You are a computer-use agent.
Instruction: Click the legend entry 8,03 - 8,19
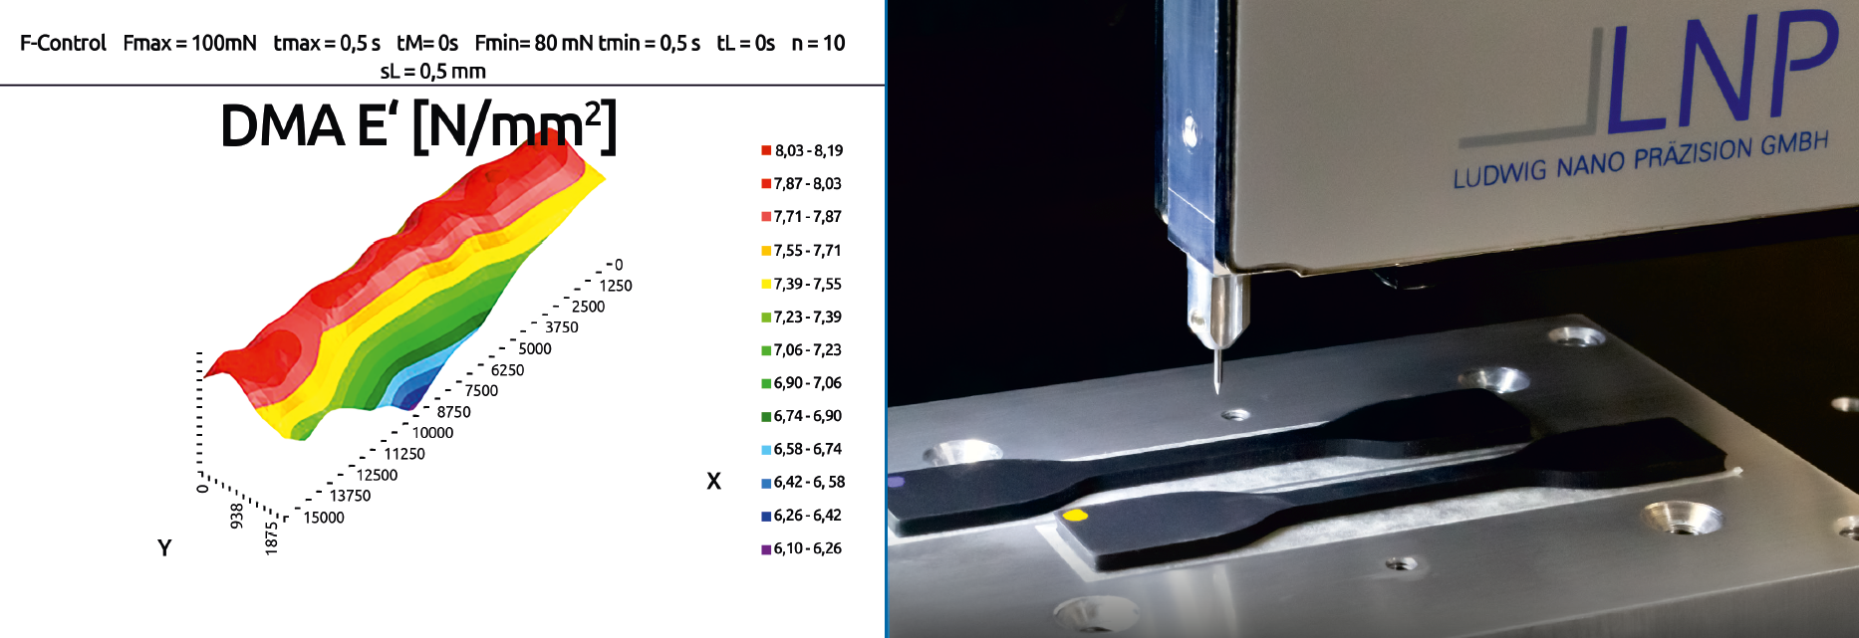click(802, 150)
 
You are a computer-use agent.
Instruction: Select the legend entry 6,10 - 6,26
click(802, 548)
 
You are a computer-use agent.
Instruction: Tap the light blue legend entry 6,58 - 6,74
click(802, 449)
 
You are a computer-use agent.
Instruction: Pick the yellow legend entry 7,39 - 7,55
click(802, 284)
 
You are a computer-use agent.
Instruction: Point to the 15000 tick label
click(324, 518)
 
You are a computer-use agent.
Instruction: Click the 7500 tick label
click(481, 390)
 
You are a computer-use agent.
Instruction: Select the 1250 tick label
click(616, 286)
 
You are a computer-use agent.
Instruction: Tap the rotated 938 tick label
click(237, 516)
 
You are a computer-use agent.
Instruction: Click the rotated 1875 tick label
click(271, 537)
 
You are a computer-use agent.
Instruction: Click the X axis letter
click(713, 482)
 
